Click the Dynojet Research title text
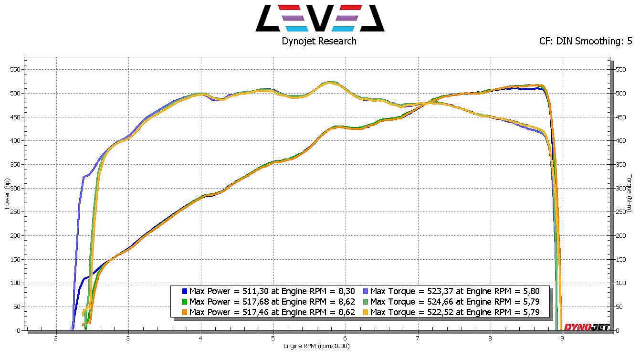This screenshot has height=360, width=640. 319,41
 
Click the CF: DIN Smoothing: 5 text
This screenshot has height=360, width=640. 585,41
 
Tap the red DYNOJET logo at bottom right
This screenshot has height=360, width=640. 587,327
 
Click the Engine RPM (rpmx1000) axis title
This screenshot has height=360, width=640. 316,346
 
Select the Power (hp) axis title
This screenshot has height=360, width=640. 6,194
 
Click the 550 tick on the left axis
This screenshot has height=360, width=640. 15,69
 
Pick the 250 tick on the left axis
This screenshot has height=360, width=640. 15,212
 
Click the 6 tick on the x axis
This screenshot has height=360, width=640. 345,339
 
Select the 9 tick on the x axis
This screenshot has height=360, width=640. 562,339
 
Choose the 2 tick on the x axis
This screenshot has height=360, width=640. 56,339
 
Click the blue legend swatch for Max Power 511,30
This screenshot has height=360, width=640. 184,291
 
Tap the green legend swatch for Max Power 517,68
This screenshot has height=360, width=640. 184,302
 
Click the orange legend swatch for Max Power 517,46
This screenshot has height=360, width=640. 184,312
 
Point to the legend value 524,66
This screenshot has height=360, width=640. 434,302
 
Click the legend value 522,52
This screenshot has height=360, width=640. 434,312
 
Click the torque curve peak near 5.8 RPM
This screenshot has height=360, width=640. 330,82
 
